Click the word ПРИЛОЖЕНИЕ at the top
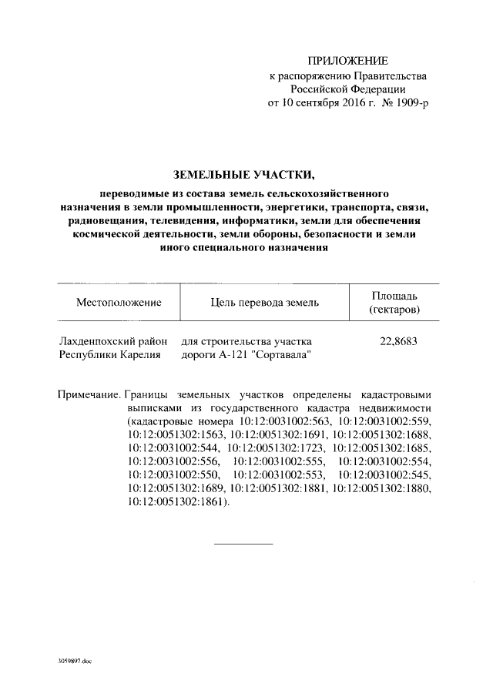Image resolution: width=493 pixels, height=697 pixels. coord(347,61)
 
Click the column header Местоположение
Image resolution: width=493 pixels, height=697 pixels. coord(118,302)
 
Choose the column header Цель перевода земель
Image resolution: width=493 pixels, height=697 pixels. coord(264,302)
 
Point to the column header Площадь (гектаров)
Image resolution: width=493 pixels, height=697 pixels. coord(394,302)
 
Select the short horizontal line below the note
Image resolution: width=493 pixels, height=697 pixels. coord(243,545)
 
